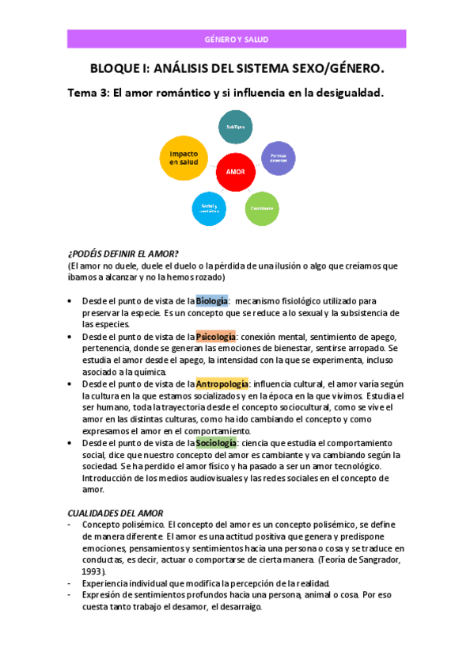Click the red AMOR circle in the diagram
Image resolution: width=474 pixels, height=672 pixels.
point(235,171)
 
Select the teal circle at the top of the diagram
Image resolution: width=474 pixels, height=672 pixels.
point(235,127)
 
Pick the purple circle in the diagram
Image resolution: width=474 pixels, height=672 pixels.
point(279,157)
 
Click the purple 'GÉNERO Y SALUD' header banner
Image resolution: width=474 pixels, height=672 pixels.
point(236,39)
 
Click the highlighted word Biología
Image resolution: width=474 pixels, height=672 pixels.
point(212,301)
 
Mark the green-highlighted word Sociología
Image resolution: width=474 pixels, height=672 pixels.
point(216,443)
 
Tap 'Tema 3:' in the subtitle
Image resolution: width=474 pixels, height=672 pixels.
point(89,94)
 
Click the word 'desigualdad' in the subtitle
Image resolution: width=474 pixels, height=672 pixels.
point(346,94)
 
